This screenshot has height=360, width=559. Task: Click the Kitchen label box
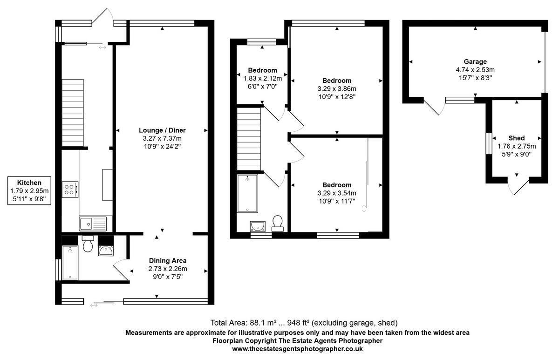coord(29,190)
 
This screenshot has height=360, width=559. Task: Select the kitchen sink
coord(92,224)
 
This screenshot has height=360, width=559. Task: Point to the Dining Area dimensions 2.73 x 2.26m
coord(167,269)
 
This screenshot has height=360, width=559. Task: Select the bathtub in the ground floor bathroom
coord(70,263)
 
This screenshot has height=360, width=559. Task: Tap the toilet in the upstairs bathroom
coord(278,223)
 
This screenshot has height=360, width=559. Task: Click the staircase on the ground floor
coord(72,112)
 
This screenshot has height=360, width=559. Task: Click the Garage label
coord(475,61)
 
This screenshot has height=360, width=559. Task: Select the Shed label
coord(516,138)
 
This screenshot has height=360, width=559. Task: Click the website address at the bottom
coord(297,348)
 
